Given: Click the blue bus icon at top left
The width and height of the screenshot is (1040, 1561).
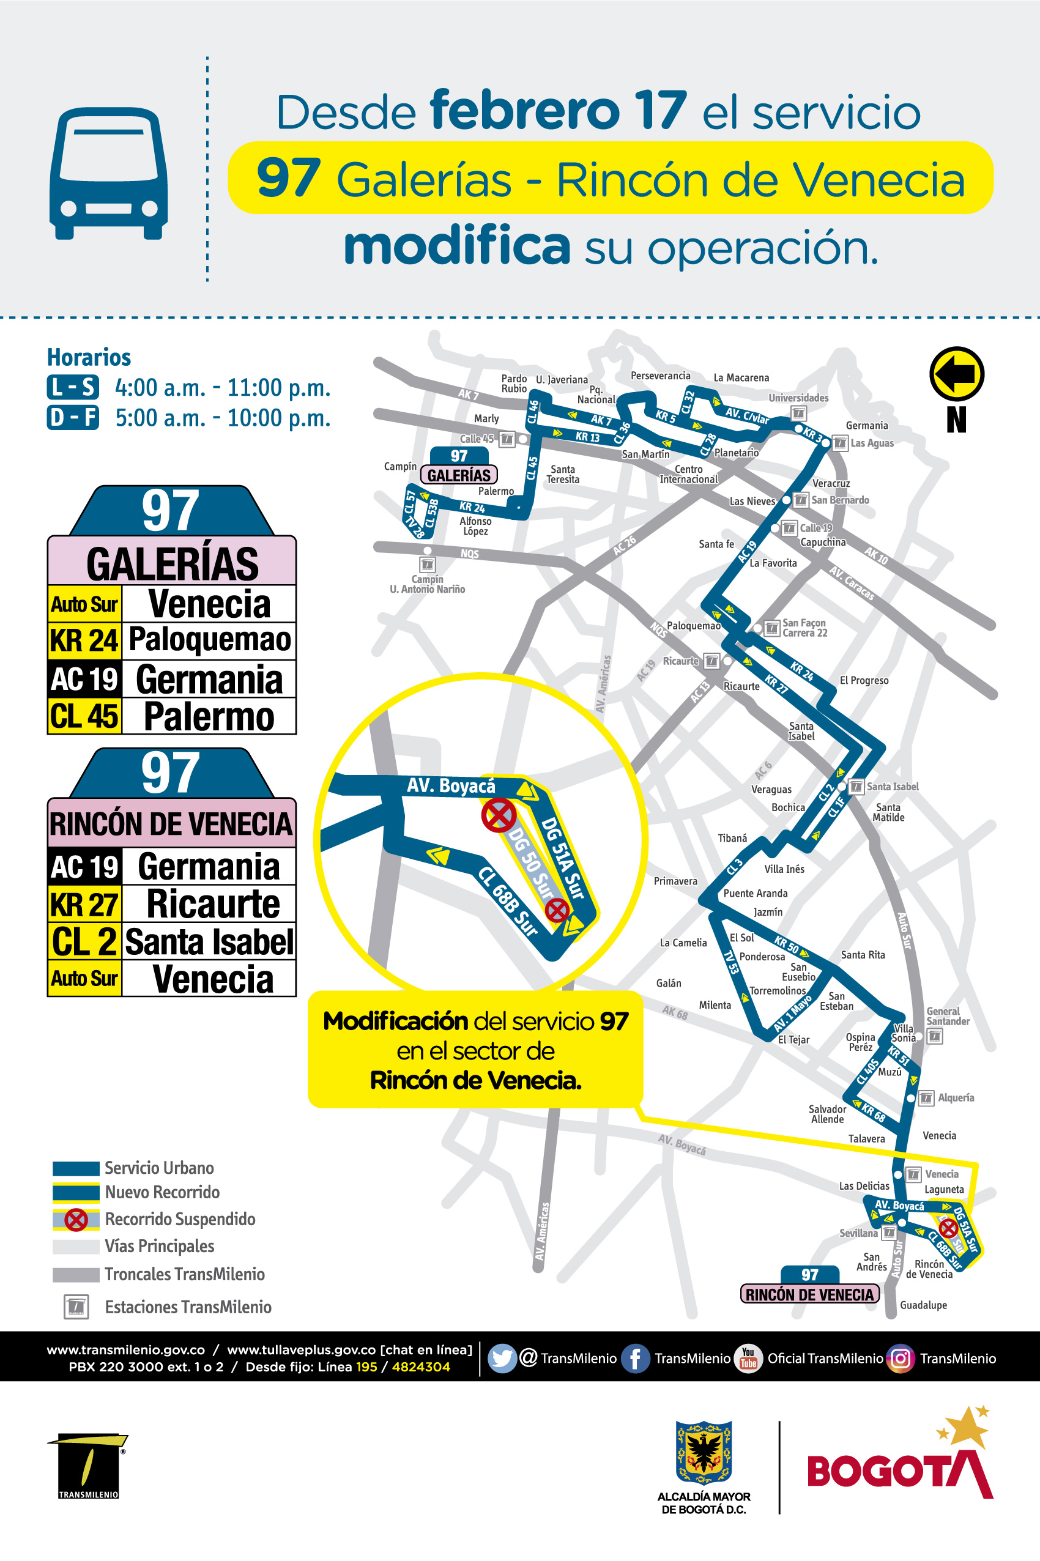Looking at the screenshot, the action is [x=108, y=173].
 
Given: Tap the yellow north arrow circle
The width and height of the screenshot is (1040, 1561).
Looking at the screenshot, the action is [x=956, y=373].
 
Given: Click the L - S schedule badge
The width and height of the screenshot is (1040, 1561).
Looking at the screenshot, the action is [x=72, y=387].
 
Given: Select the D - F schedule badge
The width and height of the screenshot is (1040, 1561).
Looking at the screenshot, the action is [x=72, y=418].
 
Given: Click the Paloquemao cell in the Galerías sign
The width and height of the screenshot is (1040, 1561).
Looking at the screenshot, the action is [x=209, y=640].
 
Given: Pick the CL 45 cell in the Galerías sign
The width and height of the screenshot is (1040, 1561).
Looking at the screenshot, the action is [x=84, y=716].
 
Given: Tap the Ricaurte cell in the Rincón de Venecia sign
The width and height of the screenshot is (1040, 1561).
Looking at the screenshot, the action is [x=212, y=904].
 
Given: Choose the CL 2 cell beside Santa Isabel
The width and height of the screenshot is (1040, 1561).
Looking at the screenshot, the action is [x=84, y=941].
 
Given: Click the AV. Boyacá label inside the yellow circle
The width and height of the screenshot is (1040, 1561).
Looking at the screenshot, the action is [x=450, y=786].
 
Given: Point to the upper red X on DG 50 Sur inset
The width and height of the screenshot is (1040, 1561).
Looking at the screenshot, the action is [x=499, y=814].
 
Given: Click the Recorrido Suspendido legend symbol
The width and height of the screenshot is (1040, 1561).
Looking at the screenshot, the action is [x=76, y=1219].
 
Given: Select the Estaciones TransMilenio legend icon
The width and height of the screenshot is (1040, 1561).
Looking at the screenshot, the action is [x=76, y=1307].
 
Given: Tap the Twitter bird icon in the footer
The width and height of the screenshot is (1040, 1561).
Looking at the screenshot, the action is [x=502, y=1358].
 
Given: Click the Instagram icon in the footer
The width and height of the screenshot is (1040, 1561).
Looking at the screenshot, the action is [x=900, y=1358].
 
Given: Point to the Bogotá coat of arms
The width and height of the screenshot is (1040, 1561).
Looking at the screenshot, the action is [x=703, y=1452].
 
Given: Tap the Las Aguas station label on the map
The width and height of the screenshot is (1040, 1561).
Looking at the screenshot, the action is [x=872, y=443].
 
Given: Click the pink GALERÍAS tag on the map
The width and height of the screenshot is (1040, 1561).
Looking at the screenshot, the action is [x=458, y=475].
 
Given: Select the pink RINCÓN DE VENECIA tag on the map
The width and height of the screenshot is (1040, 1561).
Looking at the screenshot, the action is [x=809, y=1294].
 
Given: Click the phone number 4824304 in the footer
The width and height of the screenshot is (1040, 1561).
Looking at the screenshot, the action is [x=420, y=1366].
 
